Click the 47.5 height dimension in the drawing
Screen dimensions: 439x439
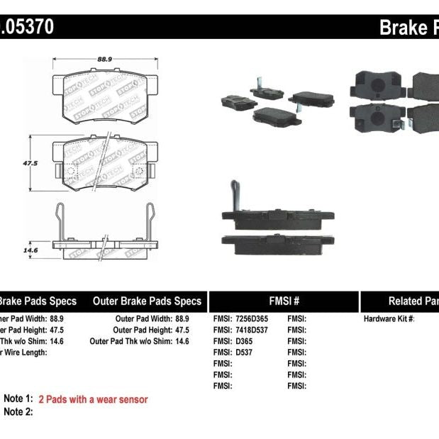pos(29,162)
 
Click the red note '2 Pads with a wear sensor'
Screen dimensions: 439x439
pos(93,399)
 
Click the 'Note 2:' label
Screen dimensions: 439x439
pos(18,412)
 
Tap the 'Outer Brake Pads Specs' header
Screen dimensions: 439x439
pos(147,301)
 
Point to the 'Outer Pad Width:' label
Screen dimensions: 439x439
pos(143,319)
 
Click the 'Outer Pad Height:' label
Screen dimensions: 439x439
pos(142,330)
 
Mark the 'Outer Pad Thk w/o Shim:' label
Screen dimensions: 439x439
pos(130,341)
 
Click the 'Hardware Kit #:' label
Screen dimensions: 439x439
pos(389,319)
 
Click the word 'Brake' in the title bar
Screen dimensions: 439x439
pos(402,27)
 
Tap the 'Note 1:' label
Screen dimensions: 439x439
pos(18,399)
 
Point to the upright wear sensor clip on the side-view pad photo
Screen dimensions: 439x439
pos(232,195)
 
